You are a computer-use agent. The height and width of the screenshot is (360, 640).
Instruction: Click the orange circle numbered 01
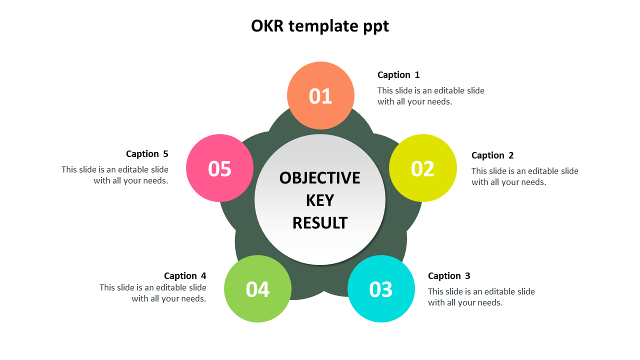click(x=320, y=95)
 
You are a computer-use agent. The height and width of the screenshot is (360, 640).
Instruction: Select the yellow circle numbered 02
click(x=423, y=168)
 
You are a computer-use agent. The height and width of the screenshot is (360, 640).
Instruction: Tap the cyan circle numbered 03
click(x=381, y=289)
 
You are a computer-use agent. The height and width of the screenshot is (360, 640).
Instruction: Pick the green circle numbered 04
click(x=258, y=289)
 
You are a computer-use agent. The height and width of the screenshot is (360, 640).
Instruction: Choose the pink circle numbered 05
click(x=220, y=168)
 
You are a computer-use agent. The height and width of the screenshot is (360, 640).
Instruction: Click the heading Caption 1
click(x=398, y=75)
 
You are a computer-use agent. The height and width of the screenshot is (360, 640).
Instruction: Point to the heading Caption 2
click(x=492, y=155)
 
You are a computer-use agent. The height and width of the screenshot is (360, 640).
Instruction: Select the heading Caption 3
click(x=449, y=276)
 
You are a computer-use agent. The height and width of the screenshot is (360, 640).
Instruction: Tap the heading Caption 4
click(x=185, y=276)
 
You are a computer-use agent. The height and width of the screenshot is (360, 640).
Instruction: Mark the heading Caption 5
click(x=147, y=154)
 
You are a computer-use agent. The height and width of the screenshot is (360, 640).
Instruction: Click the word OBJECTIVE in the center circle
click(x=320, y=178)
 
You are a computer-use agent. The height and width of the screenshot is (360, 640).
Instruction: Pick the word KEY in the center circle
click(x=320, y=200)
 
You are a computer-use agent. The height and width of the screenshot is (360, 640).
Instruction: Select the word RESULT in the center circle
click(x=320, y=223)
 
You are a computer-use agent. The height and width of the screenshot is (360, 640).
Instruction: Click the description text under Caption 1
click(x=430, y=96)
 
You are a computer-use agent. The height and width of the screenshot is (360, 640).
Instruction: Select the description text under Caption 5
click(x=115, y=175)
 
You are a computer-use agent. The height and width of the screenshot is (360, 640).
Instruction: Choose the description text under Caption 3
click(x=481, y=297)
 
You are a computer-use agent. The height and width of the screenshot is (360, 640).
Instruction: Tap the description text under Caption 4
click(x=153, y=293)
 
